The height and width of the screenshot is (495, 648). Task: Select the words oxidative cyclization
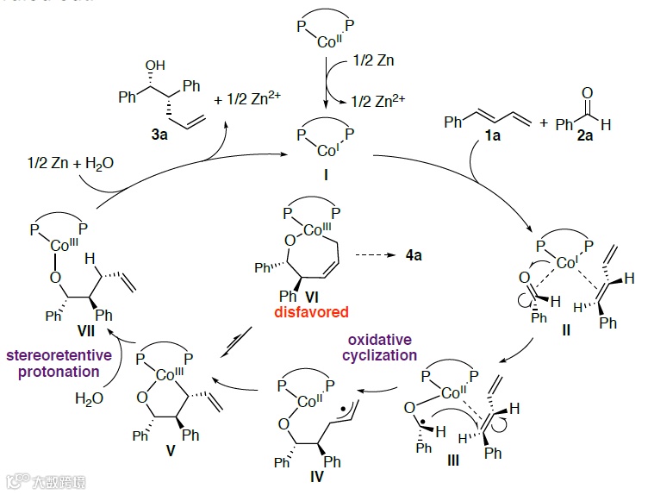point(381,348)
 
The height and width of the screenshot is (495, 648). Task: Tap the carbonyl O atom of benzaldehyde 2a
point(588,91)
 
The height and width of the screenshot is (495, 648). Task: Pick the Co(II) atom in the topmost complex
point(324,39)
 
